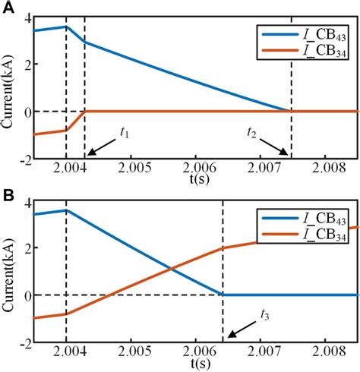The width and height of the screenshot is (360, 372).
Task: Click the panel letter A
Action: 7,7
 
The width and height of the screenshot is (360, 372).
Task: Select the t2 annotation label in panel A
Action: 252,131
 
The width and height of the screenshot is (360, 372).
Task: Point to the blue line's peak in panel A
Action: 67,27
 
